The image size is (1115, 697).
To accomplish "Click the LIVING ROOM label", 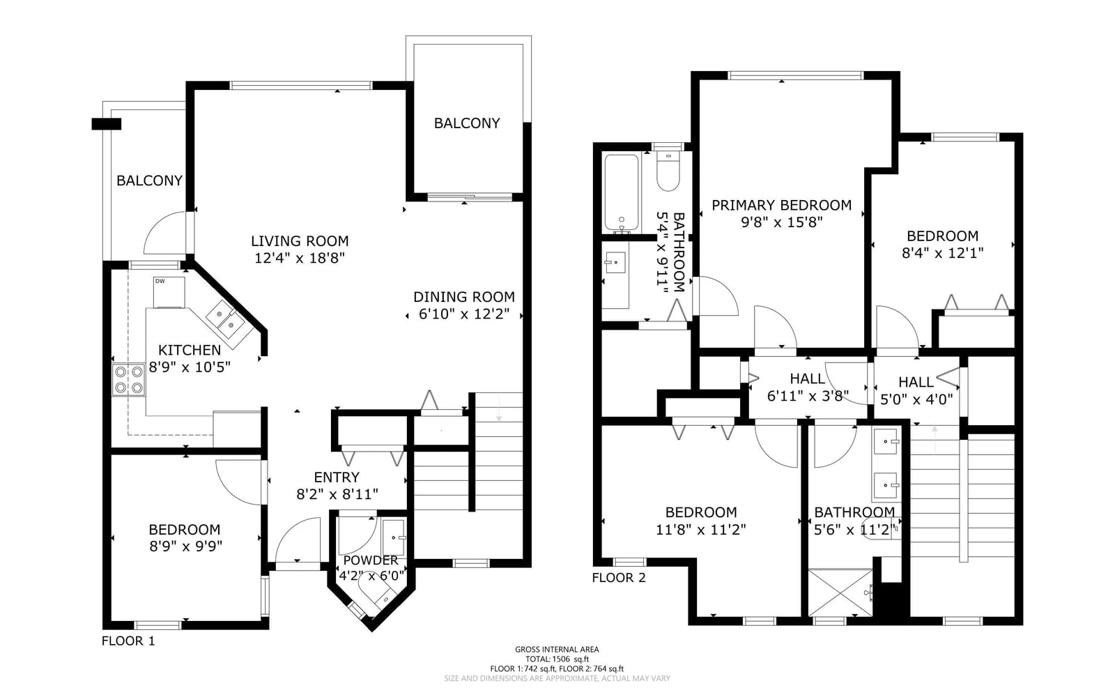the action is (x=300, y=241).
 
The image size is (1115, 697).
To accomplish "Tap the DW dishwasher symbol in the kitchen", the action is (x=169, y=292).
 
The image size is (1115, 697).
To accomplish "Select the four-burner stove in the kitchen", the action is (x=129, y=380).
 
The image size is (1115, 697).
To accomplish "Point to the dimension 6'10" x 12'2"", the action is (x=464, y=314).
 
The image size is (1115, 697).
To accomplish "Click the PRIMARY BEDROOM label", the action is (x=781, y=205).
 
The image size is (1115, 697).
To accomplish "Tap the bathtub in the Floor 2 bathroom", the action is (x=621, y=193).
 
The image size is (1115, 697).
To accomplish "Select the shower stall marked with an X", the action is (x=840, y=593).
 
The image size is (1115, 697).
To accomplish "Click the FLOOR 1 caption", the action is (x=128, y=641).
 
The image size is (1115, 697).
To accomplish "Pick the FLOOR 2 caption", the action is (x=619, y=578).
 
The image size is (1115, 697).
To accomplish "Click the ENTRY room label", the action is (x=337, y=477).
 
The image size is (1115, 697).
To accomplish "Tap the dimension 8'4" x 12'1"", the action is (x=943, y=253).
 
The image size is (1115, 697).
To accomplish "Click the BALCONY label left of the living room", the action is (x=149, y=181).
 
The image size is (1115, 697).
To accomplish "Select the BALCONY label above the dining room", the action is (x=467, y=123).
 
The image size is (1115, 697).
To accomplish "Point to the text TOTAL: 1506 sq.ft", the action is (x=557, y=659).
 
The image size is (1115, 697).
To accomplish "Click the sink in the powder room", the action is (x=395, y=537).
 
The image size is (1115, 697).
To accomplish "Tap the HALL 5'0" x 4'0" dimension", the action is (x=916, y=399).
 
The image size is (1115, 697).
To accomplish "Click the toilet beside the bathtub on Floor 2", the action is (x=668, y=170).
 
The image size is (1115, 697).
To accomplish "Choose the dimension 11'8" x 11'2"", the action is (x=701, y=530).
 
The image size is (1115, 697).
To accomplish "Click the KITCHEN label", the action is (x=190, y=350).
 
